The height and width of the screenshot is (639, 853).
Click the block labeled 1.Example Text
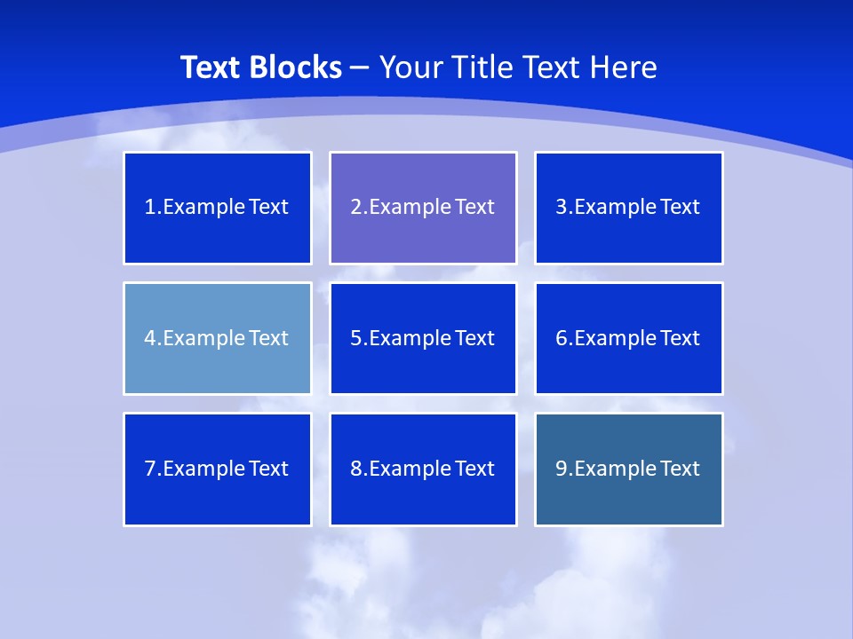point(218,208)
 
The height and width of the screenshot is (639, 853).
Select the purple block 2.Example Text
point(423,208)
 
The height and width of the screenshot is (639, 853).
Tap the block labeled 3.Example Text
point(628,208)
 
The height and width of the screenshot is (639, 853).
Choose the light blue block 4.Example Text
point(218,338)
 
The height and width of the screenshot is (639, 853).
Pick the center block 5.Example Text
point(423,338)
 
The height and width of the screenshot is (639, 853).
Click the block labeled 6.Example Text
point(628,338)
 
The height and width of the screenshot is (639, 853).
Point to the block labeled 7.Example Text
point(218,469)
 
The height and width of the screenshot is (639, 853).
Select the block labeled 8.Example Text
point(423,469)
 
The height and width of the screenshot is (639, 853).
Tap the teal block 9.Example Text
point(628,469)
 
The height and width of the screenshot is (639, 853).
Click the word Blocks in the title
point(296,67)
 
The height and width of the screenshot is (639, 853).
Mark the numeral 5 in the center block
point(355,338)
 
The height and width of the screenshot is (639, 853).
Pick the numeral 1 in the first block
point(149,208)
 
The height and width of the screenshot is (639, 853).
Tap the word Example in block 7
point(203,469)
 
